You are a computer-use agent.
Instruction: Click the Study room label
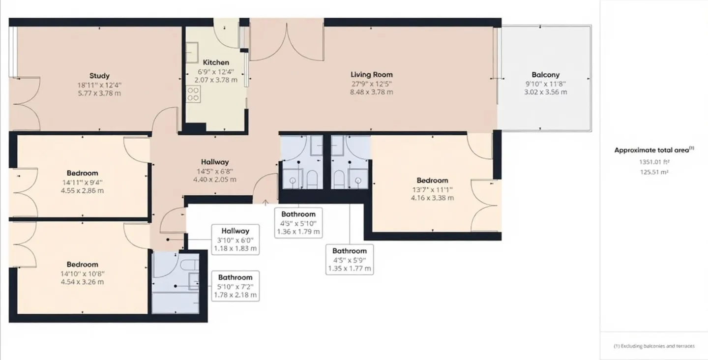pyautogui.click(x=99, y=76)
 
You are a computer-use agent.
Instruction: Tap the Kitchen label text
pyautogui.click(x=216, y=62)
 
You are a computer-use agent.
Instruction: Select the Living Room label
pyautogui.click(x=371, y=75)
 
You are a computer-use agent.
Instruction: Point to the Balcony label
pyautogui.click(x=546, y=75)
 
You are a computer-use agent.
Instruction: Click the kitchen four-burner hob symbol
pyautogui.click(x=193, y=94)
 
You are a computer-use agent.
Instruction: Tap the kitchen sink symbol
pyautogui.click(x=192, y=53)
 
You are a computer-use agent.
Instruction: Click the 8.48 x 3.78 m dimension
pyautogui.click(x=371, y=92)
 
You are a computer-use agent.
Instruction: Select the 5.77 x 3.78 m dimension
pyautogui.click(x=99, y=93)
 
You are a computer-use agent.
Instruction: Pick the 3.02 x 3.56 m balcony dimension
pyautogui.click(x=546, y=92)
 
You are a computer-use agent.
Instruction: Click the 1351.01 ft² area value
pyautogui.click(x=654, y=162)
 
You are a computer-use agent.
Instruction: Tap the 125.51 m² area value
pyautogui.click(x=654, y=172)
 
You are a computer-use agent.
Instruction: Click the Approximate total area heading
pyautogui.click(x=654, y=150)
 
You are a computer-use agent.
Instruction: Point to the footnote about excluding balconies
pyautogui.click(x=654, y=346)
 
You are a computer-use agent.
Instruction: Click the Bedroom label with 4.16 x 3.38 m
pyautogui.click(x=432, y=180)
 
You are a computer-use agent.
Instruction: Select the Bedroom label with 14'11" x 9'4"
pyautogui.click(x=82, y=173)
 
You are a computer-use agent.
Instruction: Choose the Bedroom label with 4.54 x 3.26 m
pyautogui.click(x=82, y=265)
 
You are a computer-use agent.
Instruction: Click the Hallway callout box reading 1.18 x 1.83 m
pyautogui.click(x=235, y=240)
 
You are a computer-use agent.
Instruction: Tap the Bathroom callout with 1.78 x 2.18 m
pyautogui.click(x=235, y=286)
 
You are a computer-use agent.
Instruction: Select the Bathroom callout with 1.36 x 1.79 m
pyautogui.click(x=298, y=223)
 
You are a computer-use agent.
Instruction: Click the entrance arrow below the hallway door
pyautogui.click(x=265, y=202)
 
